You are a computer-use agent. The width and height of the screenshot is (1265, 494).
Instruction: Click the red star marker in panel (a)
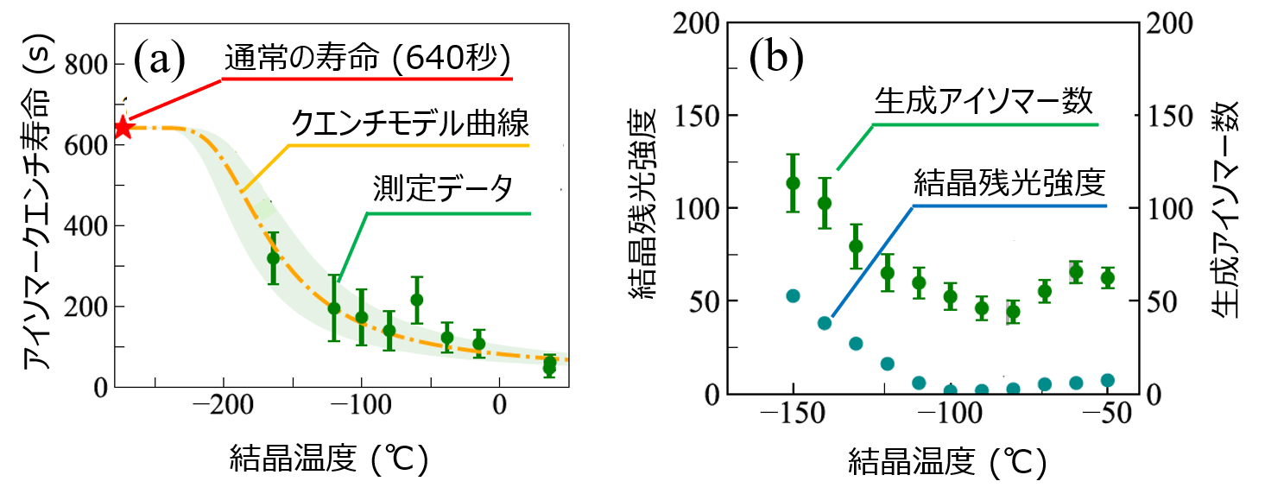pyautogui.click(x=123, y=128)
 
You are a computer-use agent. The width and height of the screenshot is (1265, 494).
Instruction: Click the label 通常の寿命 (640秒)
pyautogui.click(x=369, y=60)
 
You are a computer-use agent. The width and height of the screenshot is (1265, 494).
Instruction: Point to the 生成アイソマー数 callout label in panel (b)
pyautogui.click(x=984, y=102)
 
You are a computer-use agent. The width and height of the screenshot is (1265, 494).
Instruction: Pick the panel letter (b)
pyautogui.click(x=775, y=57)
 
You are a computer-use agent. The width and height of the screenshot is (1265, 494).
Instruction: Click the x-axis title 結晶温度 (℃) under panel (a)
pyautogui.click(x=329, y=457)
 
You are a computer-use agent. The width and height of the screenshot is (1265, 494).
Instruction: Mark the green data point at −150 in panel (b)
pyautogui.click(x=793, y=182)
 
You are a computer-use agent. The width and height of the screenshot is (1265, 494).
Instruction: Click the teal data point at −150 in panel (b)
pyautogui.click(x=793, y=296)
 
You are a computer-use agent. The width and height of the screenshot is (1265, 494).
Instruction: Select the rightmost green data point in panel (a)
pyautogui.click(x=549, y=365)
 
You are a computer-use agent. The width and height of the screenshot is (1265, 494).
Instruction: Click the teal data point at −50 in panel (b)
pyautogui.click(x=1108, y=380)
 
